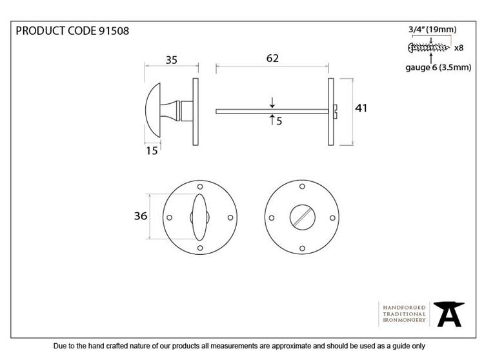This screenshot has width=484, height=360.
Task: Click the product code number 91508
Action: [114, 31]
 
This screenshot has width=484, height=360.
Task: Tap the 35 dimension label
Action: [171, 60]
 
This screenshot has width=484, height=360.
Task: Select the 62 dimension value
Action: [272, 58]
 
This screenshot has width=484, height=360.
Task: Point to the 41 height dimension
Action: [361, 108]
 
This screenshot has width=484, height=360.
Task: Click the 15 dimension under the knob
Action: [152, 151]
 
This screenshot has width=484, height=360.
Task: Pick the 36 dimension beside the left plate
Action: [141, 216]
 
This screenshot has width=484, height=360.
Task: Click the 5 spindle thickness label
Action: [279, 121]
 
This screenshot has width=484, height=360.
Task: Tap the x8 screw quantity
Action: [459, 48]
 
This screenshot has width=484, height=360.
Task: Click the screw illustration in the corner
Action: [429, 48]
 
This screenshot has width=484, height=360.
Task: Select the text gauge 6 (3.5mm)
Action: [438, 67]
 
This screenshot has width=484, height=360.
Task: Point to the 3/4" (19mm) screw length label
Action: [432, 30]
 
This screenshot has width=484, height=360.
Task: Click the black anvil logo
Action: [449, 314]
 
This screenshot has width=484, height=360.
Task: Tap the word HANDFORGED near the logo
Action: [404, 308]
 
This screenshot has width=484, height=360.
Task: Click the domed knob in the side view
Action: [154, 110]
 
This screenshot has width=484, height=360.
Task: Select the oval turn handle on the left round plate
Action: [199, 217]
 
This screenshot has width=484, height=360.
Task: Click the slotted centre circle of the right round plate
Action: [303, 217]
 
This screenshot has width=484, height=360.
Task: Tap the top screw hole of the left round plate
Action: [200, 186]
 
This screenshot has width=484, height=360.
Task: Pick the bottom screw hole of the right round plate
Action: [302, 248]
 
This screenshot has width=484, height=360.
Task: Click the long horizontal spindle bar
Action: [272, 112]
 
